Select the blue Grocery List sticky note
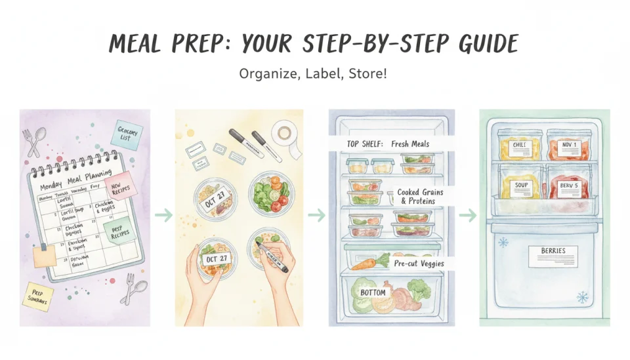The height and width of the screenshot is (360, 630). (x=127, y=134)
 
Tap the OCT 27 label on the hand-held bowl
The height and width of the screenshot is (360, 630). (x=216, y=258)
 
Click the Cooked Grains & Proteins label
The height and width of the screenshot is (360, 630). (x=420, y=197)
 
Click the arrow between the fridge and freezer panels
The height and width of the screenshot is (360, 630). (x=467, y=216)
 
